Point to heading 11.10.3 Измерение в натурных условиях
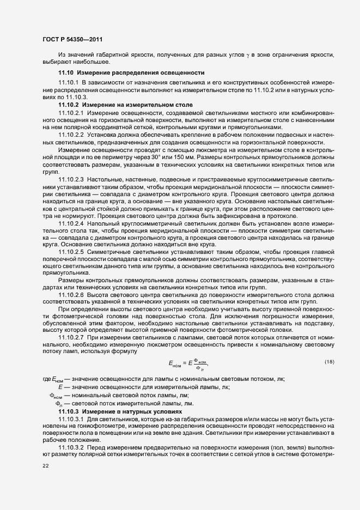120,410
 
